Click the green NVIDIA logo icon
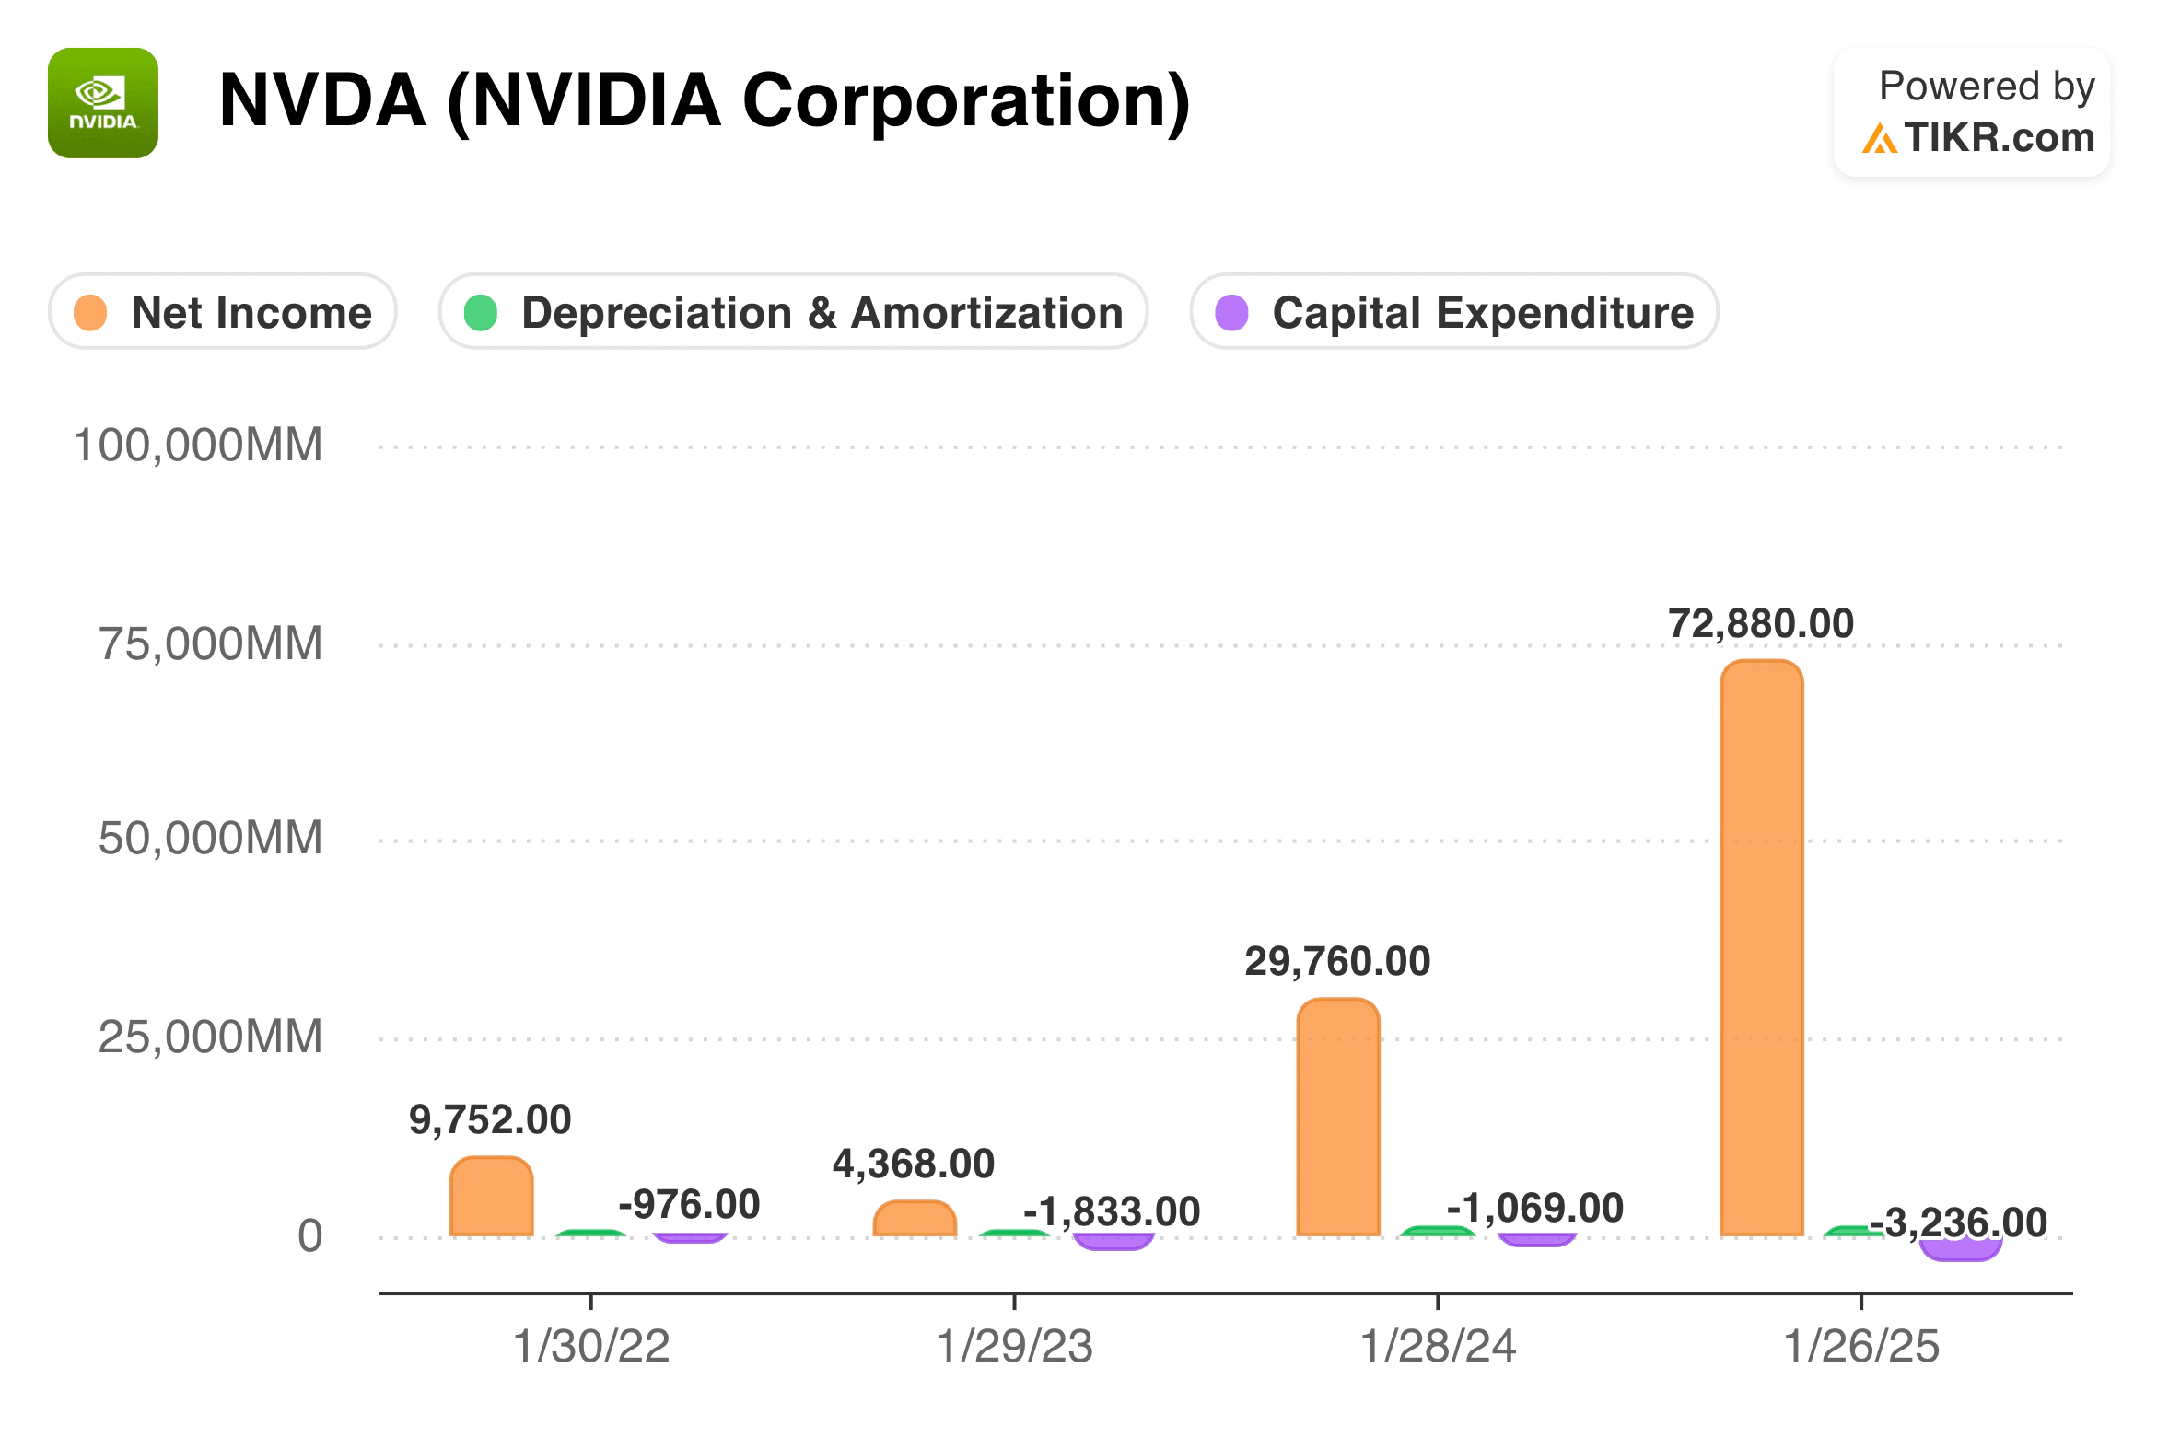(x=102, y=103)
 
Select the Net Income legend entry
(x=223, y=312)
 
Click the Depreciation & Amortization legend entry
(x=793, y=312)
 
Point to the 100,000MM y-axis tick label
(x=198, y=446)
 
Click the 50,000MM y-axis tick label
(x=210, y=839)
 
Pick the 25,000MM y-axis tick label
(x=210, y=1037)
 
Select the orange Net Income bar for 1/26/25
(x=1761, y=948)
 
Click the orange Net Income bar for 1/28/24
(x=1337, y=1118)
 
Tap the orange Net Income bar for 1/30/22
(x=491, y=1197)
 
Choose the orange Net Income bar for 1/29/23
(x=914, y=1219)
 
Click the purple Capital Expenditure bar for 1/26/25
(x=1960, y=1250)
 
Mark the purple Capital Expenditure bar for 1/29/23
(x=1113, y=1242)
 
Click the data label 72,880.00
(x=1760, y=624)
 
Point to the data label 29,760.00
(x=1337, y=962)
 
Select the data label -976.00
(x=689, y=1204)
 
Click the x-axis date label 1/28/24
(x=1438, y=1347)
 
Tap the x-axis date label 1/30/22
(x=591, y=1347)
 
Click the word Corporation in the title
(x=965, y=101)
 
